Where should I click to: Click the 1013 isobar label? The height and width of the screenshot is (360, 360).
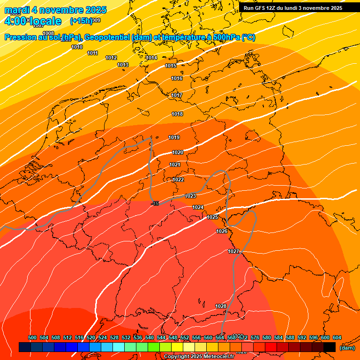pyautogui.click(x=123, y=65)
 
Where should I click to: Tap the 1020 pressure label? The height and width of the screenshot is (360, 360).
pyautogui.click(x=178, y=153)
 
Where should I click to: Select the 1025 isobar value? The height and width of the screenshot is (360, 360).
pyautogui.click(x=213, y=217)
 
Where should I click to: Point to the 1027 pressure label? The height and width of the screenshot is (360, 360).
pyautogui.click(x=234, y=252)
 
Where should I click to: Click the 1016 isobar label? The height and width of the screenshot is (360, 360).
pyautogui.click(x=177, y=79)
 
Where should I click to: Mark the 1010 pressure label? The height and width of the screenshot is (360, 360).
pyautogui.click(x=77, y=47)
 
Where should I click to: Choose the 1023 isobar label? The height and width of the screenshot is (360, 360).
pyautogui.click(x=190, y=196)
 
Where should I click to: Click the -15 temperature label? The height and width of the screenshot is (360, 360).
pyautogui.click(x=156, y=203)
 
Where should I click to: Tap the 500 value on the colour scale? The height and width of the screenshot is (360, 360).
pyautogui.click(x=32, y=338)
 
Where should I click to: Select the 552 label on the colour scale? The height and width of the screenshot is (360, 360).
pyautogui.click(x=185, y=338)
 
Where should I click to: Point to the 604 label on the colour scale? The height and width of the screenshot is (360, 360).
pyautogui.click(x=337, y=338)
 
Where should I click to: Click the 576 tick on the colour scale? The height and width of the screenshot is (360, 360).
pyautogui.click(x=255, y=338)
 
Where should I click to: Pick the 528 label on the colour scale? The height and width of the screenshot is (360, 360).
pyautogui.click(x=114, y=338)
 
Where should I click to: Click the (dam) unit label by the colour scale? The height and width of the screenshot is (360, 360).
pyautogui.click(x=347, y=348)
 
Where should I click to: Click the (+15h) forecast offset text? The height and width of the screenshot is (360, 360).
pyautogui.click(x=81, y=21)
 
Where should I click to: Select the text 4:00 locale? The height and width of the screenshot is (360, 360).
pyautogui.click(x=33, y=21)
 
